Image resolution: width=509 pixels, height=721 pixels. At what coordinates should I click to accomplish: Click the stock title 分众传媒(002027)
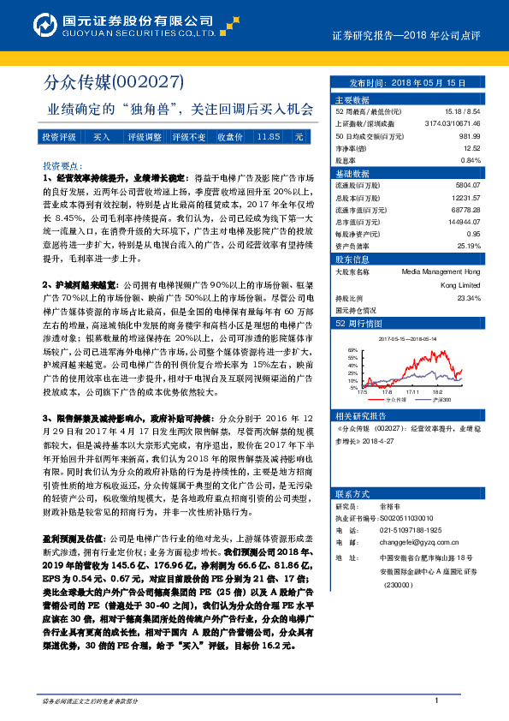[114, 82]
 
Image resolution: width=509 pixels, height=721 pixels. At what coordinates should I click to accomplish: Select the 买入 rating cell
[102, 137]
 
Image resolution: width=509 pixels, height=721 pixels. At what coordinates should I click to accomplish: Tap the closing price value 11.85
[268, 137]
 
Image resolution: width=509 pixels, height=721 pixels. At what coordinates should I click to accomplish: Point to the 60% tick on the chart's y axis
[350, 349]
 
